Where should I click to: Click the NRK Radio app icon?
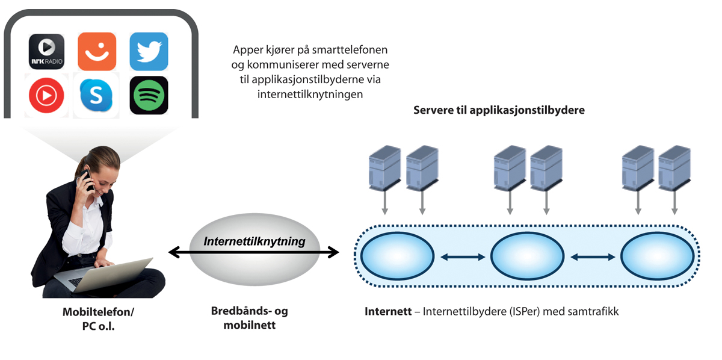[47, 52]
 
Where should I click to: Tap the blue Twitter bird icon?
[149, 52]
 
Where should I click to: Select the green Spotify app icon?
[149, 95]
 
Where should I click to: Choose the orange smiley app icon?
[97, 52]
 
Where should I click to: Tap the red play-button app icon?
[46, 95]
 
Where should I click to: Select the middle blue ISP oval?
[528, 256]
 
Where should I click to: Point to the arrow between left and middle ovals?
[462, 257]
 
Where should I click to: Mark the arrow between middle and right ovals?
[593, 257]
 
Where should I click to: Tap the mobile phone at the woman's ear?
[87, 179]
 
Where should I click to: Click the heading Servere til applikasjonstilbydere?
[499, 110]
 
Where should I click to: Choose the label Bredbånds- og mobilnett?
[249, 318]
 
